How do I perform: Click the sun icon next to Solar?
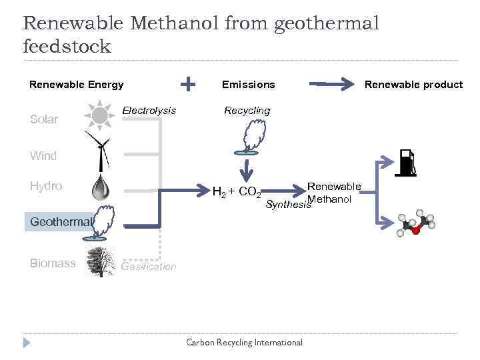coord(100,115)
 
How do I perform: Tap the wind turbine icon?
coord(101,149)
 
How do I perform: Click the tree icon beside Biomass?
coord(101,261)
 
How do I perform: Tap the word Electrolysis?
coord(150,110)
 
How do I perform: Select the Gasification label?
coord(149,267)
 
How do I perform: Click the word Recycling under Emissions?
coord(247,110)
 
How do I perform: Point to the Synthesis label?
coord(288,205)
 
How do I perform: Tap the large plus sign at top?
coord(189,83)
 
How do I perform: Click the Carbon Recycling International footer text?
coord(244,343)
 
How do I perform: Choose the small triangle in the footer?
coord(27,343)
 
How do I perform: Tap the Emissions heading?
coord(248,85)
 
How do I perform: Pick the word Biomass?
coord(53,263)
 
